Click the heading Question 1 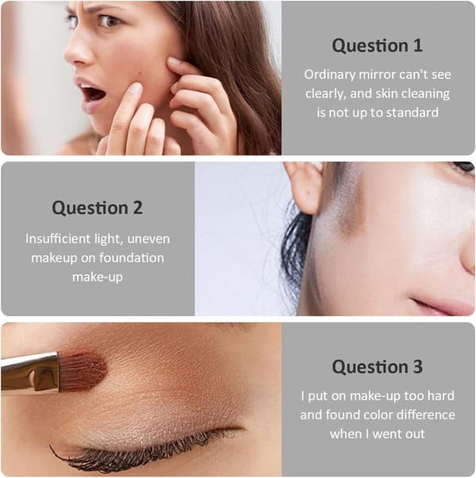377,45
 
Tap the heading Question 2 98,208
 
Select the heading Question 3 377,366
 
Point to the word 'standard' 413,113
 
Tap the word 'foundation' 132,258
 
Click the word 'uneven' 148,239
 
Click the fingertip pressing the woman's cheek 134,89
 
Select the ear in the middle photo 305,187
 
